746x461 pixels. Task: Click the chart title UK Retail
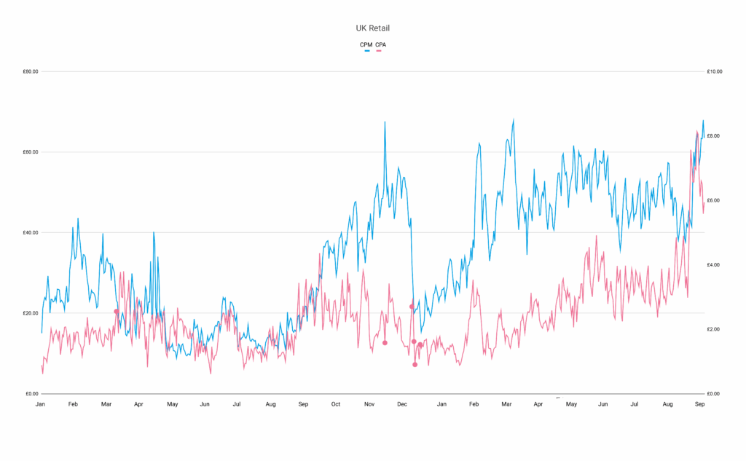tap(372, 28)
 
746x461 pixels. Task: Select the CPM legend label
tap(366, 44)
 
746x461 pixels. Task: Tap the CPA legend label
tap(380, 44)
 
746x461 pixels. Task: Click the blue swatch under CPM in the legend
tap(366, 51)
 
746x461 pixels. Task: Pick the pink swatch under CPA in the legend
tap(380, 51)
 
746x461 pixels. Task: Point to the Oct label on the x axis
tap(336, 403)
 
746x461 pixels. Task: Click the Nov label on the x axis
tap(369, 403)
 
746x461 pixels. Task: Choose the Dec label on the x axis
tap(401, 403)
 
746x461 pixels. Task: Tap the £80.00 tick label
tap(31, 71)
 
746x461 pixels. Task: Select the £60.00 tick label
tap(31, 152)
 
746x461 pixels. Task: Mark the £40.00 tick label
tap(31, 233)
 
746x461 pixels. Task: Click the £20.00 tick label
tap(31, 313)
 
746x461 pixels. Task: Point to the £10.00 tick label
tap(714, 71)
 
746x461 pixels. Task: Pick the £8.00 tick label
tap(713, 136)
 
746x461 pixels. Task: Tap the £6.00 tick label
tap(713, 200)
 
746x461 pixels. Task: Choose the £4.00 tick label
tap(713, 265)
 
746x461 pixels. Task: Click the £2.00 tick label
tap(713, 329)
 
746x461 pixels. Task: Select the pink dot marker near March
tap(117, 312)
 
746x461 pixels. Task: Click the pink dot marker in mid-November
tap(385, 343)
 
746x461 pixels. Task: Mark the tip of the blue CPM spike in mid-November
tap(385, 122)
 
